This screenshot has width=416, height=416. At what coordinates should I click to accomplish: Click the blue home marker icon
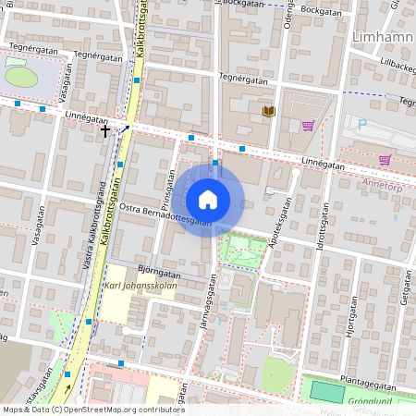pos(208,199)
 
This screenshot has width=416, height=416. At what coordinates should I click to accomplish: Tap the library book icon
pos(269,111)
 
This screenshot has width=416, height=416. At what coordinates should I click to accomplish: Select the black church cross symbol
pos(105,131)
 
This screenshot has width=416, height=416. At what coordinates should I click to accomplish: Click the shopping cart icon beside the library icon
pos(308,125)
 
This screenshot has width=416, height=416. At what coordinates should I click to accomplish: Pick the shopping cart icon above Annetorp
pos(384,159)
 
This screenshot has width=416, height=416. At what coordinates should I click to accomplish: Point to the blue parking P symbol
pos(362,124)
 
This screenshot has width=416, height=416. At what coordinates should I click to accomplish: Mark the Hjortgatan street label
pos(350,328)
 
